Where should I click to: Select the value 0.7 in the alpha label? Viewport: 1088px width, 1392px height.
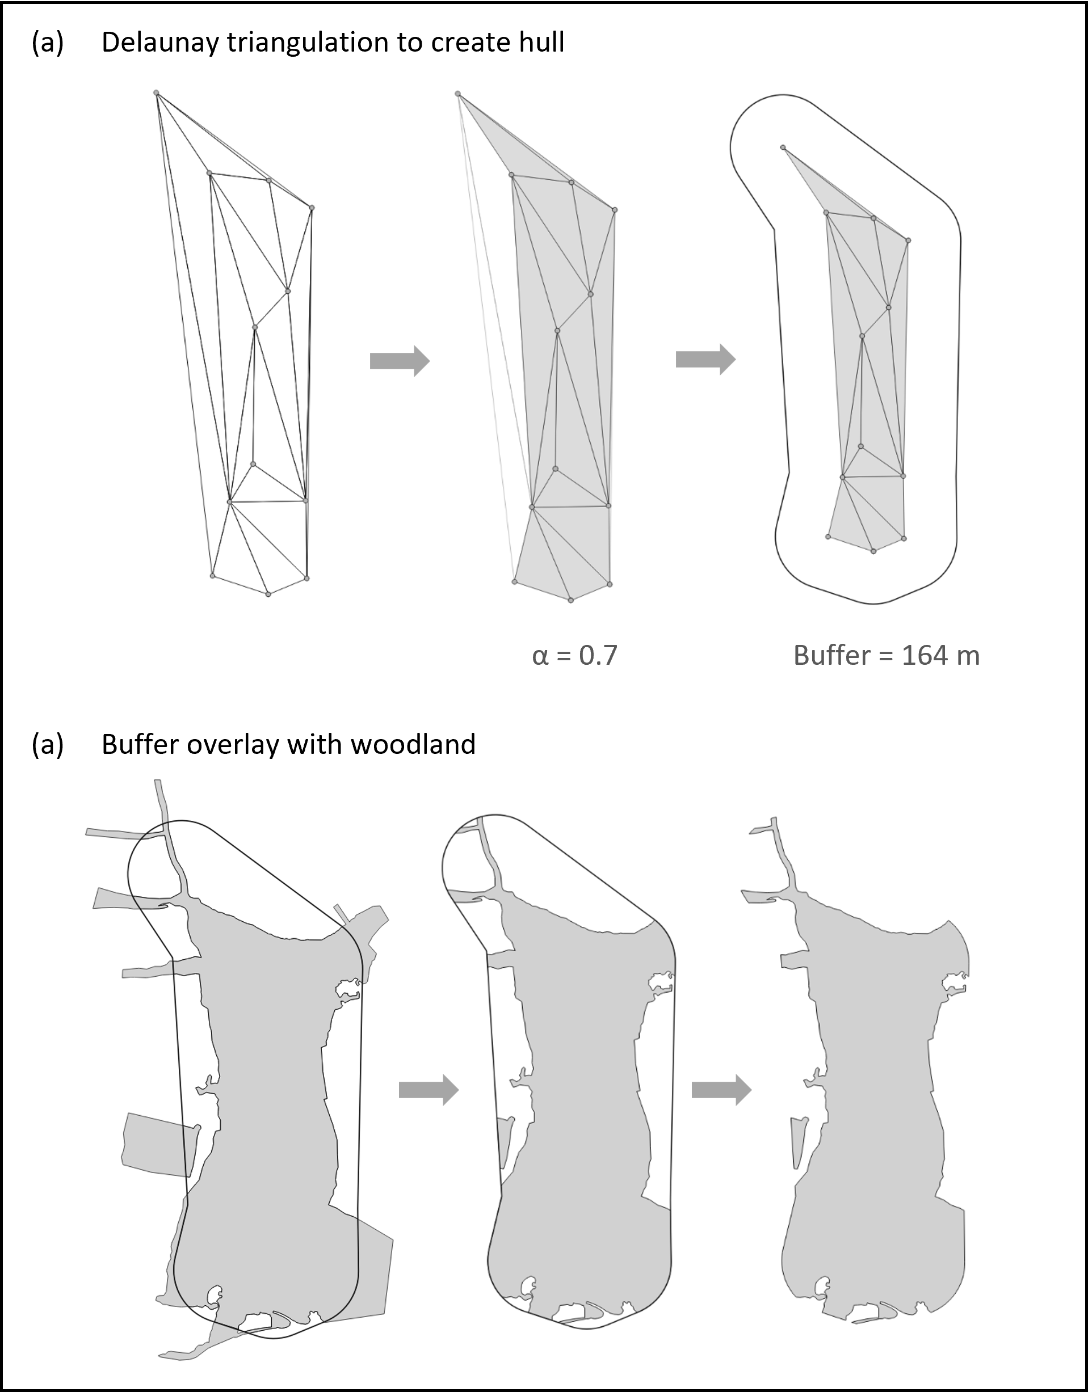click(x=598, y=655)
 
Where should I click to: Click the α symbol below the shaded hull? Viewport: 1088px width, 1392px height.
click(x=540, y=656)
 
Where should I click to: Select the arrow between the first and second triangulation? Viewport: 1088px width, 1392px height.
click(x=400, y=361)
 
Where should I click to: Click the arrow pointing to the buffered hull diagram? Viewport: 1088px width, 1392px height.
click(x=705, y=360)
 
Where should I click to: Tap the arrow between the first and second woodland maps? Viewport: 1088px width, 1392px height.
click(x=429, y=1089)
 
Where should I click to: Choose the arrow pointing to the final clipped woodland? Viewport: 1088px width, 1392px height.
click(x=721, y=1089)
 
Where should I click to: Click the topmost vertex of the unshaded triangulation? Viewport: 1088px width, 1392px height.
click(x=156, y=93)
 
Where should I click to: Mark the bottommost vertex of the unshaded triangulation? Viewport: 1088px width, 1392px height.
click(x=268, y=594)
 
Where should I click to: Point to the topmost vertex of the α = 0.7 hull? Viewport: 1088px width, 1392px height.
click(x=458, y=94)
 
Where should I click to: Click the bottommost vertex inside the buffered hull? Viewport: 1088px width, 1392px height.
click(x=873, y=551)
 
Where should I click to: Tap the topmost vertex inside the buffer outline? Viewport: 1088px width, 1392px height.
click(x=783, y=148)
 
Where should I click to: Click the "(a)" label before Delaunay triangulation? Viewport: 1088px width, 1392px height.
click(x=48, y=43)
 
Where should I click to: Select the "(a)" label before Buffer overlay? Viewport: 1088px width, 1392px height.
click(x=48, y=744)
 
